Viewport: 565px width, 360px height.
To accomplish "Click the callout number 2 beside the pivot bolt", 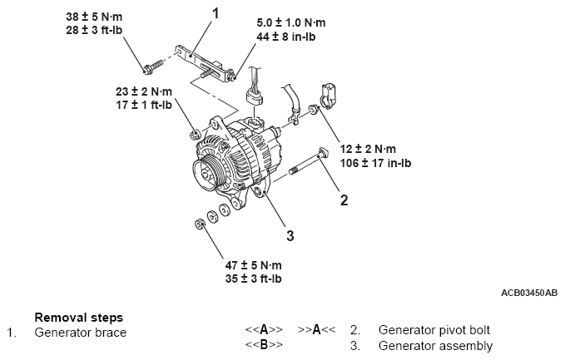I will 343,199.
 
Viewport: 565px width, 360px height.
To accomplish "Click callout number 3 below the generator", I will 290,235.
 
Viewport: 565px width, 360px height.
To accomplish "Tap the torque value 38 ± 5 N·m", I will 92,17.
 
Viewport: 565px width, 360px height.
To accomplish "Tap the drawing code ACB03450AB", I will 529,293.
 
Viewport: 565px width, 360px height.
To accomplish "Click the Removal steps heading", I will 78,317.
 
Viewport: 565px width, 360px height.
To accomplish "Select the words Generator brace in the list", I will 80,333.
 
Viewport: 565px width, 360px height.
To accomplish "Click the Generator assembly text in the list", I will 434,346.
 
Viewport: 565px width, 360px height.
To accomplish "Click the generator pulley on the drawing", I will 204,173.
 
